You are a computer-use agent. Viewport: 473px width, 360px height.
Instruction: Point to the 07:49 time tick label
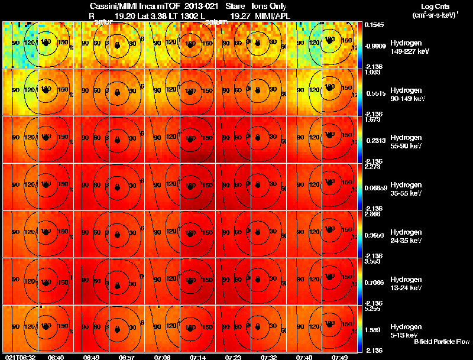(339, 357)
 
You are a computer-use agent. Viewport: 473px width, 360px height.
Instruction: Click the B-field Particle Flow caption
(441, 342)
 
